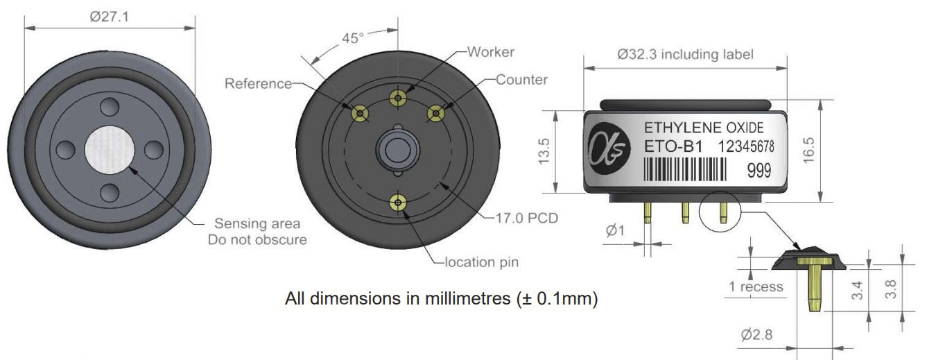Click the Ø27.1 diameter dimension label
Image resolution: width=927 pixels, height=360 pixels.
click(110, 17)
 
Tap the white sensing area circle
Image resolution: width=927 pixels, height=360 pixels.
click(110, 150)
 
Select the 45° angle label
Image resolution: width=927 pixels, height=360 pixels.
click(353, 38)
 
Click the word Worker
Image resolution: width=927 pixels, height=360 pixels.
click(491, 52)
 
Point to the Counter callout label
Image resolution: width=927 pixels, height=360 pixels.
click(521, 80)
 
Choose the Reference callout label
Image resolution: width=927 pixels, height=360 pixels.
click(258, 84)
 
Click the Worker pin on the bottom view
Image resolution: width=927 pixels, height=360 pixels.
click(398, 98)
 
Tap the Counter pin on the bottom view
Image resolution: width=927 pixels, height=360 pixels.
click(435, 113)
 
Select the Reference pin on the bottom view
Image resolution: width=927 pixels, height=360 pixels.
click(360, 113)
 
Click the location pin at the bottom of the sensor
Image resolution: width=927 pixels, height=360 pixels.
click(398, 203)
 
